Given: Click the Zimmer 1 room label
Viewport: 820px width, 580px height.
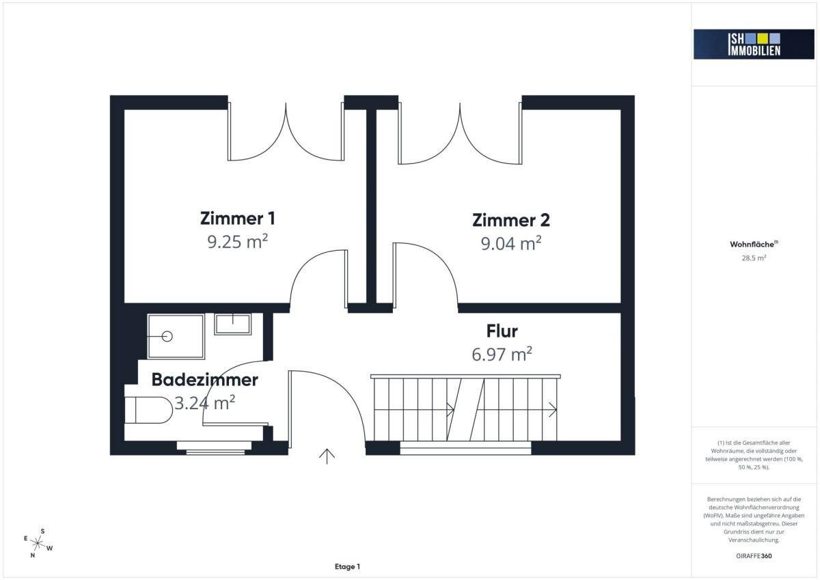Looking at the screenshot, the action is (238, 219).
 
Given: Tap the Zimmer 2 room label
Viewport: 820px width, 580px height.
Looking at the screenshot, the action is (511, 220).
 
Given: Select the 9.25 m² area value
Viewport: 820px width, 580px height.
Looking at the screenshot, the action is (238, 242).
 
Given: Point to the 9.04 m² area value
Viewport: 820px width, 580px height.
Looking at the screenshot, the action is (511, 243).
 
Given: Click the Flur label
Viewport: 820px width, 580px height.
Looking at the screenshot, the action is (502, 331).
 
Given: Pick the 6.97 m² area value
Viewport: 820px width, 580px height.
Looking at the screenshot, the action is (502, 355).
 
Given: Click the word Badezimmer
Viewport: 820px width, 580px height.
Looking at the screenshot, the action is (204, 380).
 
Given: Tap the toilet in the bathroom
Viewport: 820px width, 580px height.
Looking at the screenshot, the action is (148, 410).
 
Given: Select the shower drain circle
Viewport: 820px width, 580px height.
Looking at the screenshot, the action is (167, 336).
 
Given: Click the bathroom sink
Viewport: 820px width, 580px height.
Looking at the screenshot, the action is (233, 324).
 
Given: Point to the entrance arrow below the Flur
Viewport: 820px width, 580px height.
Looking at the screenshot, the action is (327, 456).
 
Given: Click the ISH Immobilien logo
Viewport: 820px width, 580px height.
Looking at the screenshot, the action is (754, 44).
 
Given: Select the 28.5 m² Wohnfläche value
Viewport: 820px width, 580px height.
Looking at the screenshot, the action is (754, 258).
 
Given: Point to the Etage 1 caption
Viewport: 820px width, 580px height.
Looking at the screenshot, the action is (347, 566).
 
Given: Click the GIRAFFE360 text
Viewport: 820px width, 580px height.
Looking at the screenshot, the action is (754, 556).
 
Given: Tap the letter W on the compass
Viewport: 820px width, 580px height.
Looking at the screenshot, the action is (49, 548).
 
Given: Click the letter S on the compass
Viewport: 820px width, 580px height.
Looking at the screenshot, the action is (42, 531).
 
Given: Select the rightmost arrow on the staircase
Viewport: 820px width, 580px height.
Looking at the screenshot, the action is (552, 409).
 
